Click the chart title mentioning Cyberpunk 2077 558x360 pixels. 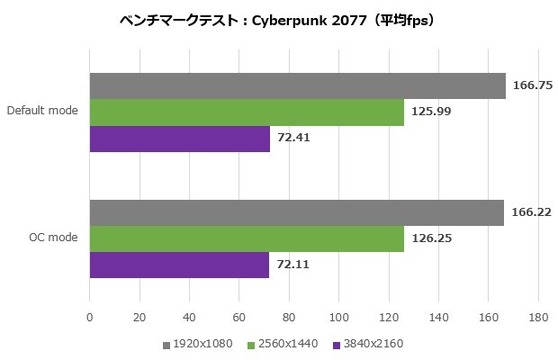tap(278, 20)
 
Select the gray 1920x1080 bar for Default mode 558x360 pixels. tap(297, 85)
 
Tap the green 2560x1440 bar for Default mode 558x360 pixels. tap(247, 112)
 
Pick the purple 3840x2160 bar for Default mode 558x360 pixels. tap(179, 139)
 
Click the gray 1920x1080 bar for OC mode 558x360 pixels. tap(296, 212)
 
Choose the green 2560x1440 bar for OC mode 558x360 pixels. tap(247, 238)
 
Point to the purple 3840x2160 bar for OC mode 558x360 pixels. tap(179, 265)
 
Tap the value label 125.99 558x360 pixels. tap(430, 112)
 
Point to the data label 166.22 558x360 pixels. tap(530, 212)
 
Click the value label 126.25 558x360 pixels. tap(430, 238)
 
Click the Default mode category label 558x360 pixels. tap(41, 112)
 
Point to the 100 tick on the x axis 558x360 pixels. tap(338, 318)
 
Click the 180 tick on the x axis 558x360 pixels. tap(537, 318)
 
